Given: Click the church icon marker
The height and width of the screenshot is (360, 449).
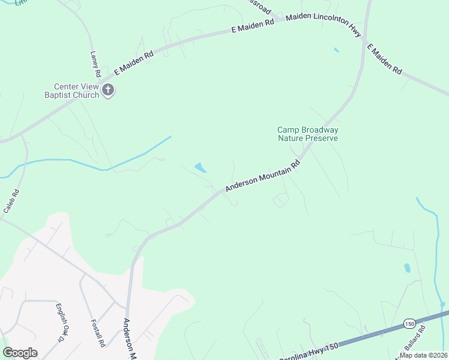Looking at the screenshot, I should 108,91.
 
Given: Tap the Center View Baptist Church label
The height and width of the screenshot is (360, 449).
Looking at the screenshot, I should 71,90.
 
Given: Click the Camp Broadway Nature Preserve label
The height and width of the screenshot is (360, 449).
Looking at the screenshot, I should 307,134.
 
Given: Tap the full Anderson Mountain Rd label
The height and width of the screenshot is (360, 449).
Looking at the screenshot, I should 262,176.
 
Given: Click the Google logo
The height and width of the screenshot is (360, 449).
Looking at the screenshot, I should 20,353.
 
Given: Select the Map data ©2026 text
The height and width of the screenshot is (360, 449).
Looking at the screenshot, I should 423,355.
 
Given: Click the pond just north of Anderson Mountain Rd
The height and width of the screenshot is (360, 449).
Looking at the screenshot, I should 200,168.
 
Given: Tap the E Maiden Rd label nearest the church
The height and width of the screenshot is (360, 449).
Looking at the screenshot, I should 133,62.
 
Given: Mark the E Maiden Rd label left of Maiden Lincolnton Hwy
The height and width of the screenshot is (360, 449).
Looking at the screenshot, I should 253,25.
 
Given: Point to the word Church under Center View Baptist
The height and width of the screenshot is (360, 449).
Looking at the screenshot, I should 86,95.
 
